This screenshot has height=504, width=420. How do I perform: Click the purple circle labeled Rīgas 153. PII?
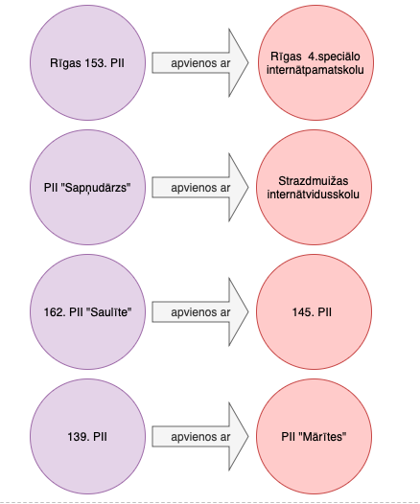coord(88,62)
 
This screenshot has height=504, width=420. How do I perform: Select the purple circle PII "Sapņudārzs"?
coord(88,187)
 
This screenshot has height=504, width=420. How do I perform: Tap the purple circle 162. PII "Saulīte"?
coord(88,311)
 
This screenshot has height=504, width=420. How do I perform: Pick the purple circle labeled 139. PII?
coord(88,436)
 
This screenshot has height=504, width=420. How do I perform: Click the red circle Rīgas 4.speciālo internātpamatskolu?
coord(315,62)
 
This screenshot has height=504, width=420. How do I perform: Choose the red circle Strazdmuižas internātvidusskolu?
coord(314,187)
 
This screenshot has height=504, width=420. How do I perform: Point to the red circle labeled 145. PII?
coord(314,311)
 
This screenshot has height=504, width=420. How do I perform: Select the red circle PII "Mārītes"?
coord(314,436)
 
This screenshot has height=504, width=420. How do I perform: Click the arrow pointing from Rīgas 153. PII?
coord(200,62)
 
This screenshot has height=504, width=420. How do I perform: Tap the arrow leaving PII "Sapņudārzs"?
coord(200,188)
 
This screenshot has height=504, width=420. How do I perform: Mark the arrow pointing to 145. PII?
coord(200,311)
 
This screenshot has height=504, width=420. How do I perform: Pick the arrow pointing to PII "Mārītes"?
coord(200,437)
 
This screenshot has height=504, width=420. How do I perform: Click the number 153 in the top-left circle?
coord(96,63)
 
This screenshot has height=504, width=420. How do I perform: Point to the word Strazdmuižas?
coord(314,181)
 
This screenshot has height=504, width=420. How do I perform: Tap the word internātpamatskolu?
coord(315,70)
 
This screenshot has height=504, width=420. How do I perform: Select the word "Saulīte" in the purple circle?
coord(109,312)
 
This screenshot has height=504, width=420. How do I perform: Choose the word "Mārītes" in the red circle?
coord(322,437)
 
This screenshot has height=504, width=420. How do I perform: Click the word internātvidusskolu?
coord(314,195)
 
